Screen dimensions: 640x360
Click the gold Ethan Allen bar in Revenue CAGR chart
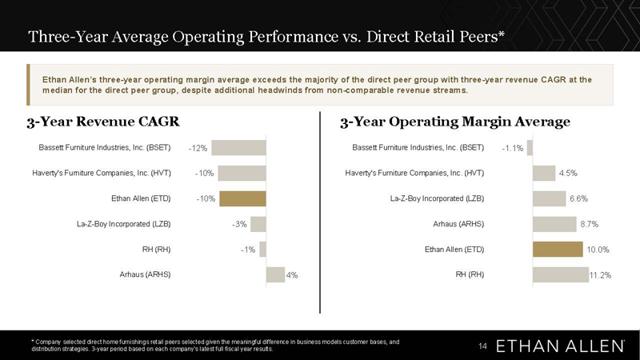click(242, 198)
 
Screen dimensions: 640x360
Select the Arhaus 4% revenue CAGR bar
click(275, 274)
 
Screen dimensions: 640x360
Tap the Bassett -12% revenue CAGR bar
click(238, 148)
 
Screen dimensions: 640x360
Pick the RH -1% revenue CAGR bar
click(263, 250)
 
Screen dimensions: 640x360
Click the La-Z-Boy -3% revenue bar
click(258, 224)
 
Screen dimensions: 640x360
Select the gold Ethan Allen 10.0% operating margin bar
click(558, 250)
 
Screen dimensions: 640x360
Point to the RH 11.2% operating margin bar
click(561, 274)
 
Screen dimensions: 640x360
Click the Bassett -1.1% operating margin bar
click(530, 148)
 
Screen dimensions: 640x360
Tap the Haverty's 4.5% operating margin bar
click(544, 173)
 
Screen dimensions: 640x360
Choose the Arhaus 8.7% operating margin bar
click(554, 224)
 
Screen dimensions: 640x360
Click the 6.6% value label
click(578, 198)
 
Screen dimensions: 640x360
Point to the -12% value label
click(198, 148)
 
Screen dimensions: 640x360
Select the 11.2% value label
click(601, 275)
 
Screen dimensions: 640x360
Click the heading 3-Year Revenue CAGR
click(103, 122)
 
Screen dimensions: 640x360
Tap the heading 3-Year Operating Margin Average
click(455, 122)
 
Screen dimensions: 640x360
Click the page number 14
click(483, 346)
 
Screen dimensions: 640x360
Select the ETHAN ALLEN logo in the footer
click(560, 346)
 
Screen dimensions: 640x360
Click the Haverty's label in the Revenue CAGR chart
click(102, 173)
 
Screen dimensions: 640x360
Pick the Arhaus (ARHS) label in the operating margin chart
click(458, 224)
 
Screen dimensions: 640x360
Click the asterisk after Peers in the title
click(502, 34)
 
